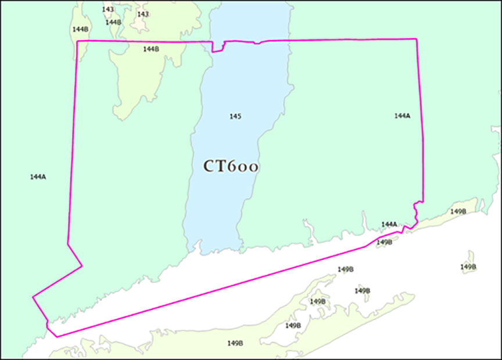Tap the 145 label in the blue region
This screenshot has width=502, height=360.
(235, 117)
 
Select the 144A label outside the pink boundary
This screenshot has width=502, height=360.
(38, 177)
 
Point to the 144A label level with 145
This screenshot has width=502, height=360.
(402, 116)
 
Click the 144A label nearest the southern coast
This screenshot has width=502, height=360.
(389, 224)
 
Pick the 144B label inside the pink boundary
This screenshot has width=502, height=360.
(151, 49)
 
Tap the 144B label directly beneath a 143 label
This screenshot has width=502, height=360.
(113, 22)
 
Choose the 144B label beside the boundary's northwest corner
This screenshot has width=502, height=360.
(80, 29)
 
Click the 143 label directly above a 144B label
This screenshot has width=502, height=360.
(108, 9)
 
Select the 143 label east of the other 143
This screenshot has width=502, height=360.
(143, 14)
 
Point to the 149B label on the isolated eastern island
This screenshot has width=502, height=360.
(468, 267)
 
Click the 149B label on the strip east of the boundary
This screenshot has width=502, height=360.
(458, 211)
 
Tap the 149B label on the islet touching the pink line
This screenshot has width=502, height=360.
(385, 242)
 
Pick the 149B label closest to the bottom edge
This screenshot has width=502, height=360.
(235, 343)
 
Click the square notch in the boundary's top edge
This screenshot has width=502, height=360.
(218, 46)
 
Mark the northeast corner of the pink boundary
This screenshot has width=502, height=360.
(417, 39)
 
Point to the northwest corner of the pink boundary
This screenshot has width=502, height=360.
(78, 41)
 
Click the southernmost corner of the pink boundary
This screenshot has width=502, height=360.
(56, 336)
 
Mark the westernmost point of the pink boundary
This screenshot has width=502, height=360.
(33, 297)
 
